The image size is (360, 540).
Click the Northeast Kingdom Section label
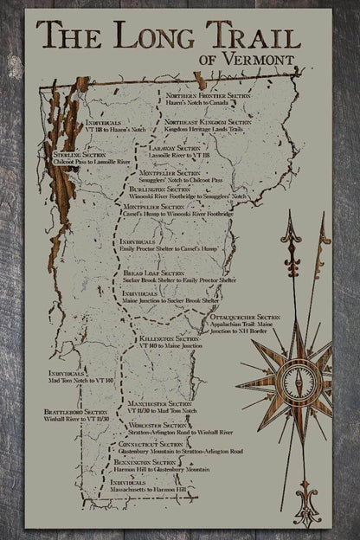(x=208, y=123)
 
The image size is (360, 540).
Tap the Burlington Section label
(x=159, y=189)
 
